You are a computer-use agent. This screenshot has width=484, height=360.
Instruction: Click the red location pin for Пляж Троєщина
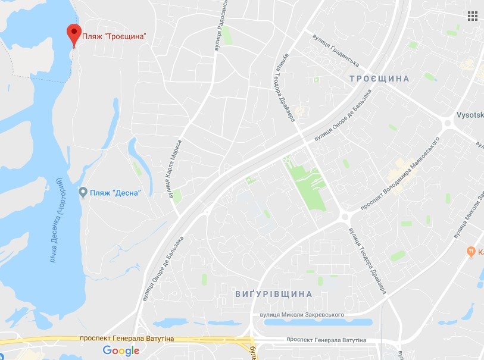(74, 33)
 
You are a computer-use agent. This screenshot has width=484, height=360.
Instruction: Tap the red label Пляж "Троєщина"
(114, 36)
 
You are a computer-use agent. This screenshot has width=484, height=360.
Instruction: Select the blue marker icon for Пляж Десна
(83, 192)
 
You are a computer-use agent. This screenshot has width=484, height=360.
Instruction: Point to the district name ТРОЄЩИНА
(379, 79)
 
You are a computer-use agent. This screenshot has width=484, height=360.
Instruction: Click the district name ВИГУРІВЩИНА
(274, 294)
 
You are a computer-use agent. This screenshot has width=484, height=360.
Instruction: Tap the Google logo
(121, 350)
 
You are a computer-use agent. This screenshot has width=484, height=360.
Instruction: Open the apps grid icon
(473, 15)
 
